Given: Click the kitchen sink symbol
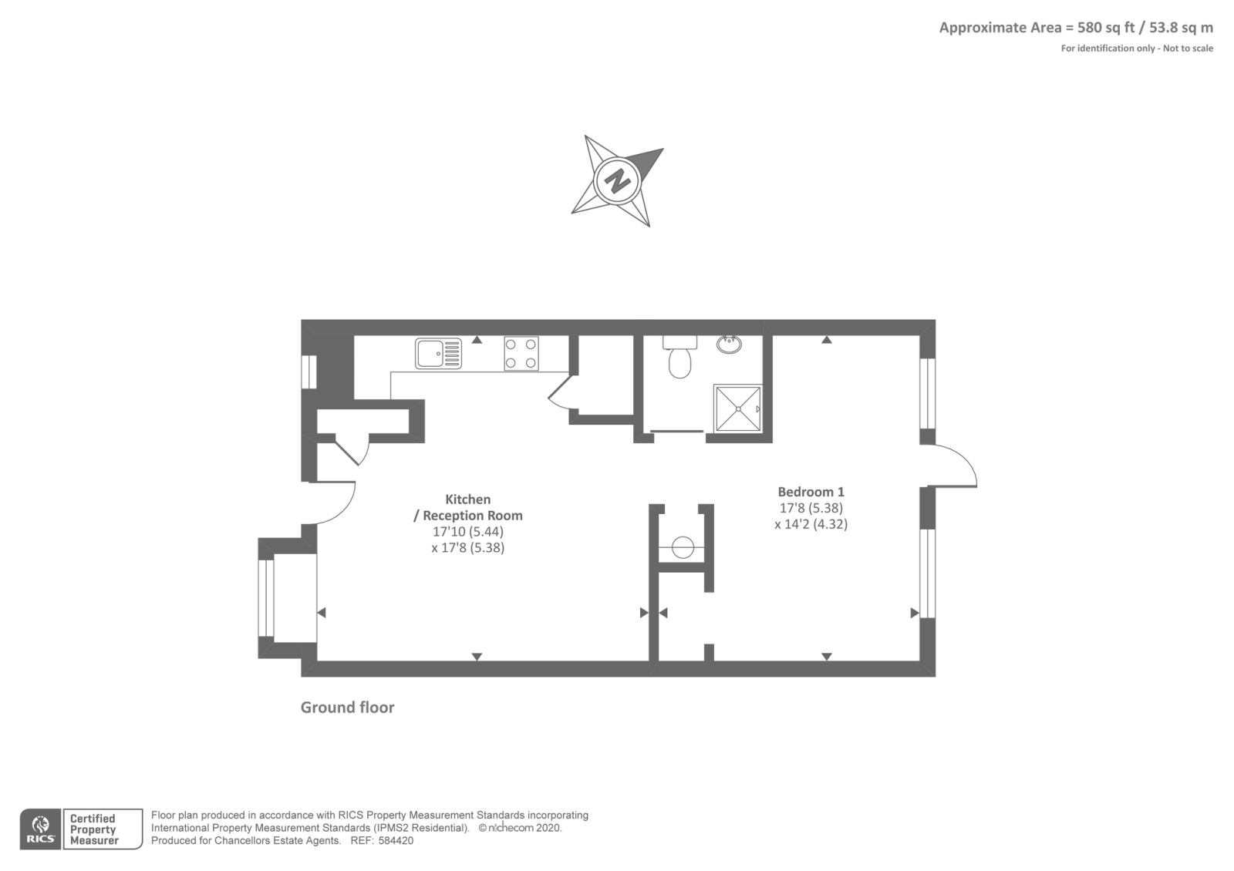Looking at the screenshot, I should [438, 354].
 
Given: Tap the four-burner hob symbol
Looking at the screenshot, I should [521, 354].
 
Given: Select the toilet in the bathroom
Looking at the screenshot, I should [679, 362].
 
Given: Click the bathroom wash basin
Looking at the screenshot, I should [729, 344].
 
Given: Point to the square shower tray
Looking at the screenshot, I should [737, 409].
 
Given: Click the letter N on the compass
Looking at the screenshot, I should [617, 182].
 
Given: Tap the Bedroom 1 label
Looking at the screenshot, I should [811, 492].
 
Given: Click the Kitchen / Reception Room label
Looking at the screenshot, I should [468, 507].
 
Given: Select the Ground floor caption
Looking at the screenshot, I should [347, 708].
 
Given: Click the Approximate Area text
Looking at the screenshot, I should [1075, 28].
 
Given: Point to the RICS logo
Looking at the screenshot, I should [40, 830].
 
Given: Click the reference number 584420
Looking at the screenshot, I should [396, 841].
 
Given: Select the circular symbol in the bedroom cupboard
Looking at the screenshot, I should [683, 548].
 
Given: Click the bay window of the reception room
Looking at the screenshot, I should [266, 597].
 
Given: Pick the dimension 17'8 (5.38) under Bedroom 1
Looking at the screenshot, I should [811, 508].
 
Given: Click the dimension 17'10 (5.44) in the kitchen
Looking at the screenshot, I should [468, 532].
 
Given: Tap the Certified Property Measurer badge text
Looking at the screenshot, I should [93, 829].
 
